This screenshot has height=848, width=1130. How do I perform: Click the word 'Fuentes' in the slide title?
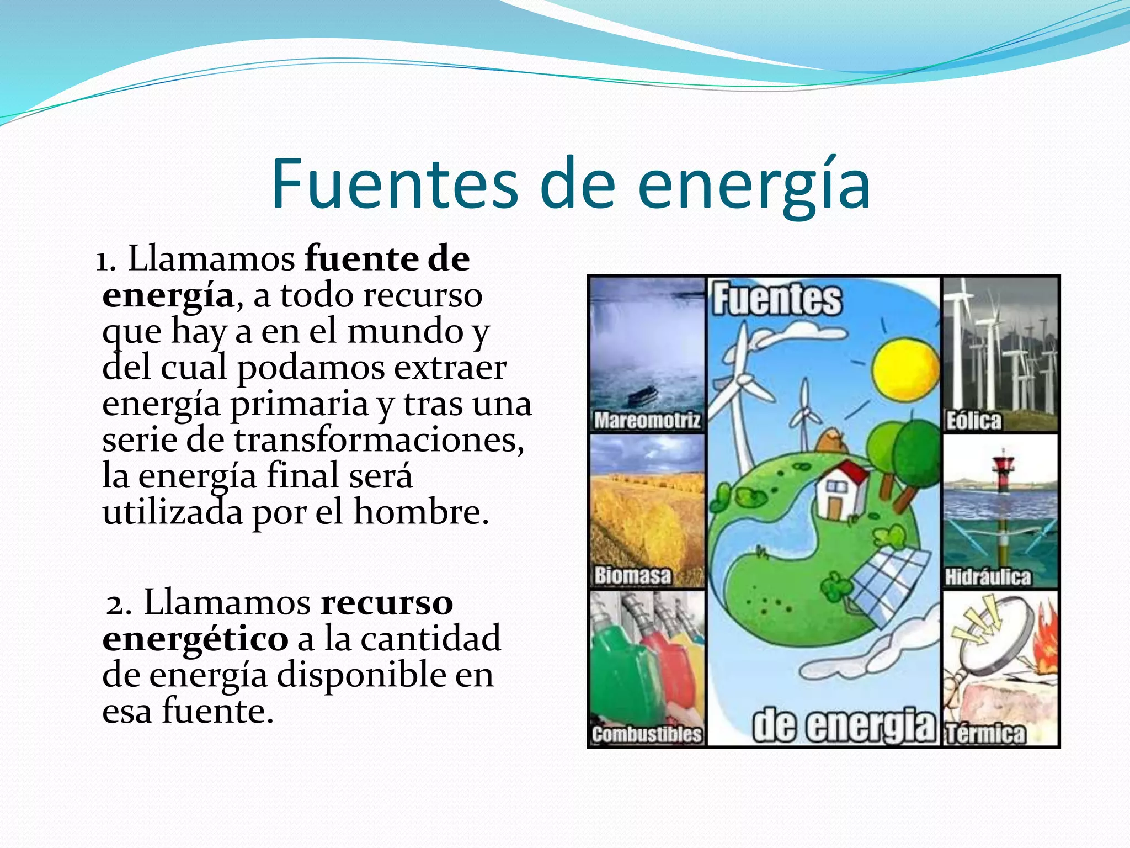click(395, 184)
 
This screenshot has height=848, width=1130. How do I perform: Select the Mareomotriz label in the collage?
click(647, 421)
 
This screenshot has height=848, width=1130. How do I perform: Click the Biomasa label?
click(632, 576)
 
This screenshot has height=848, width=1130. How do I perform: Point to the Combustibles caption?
click(647, 734)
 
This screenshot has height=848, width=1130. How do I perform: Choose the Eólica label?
click(974, 421)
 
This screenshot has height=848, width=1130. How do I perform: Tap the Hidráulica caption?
click(988, 577)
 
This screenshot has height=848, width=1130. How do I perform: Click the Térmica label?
click(985, 734)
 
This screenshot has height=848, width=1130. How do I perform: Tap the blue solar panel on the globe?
click(888, 585)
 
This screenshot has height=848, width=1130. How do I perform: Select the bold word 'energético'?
click(195, 639)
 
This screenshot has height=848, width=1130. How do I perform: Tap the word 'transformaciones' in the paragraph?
click(379, 440)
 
